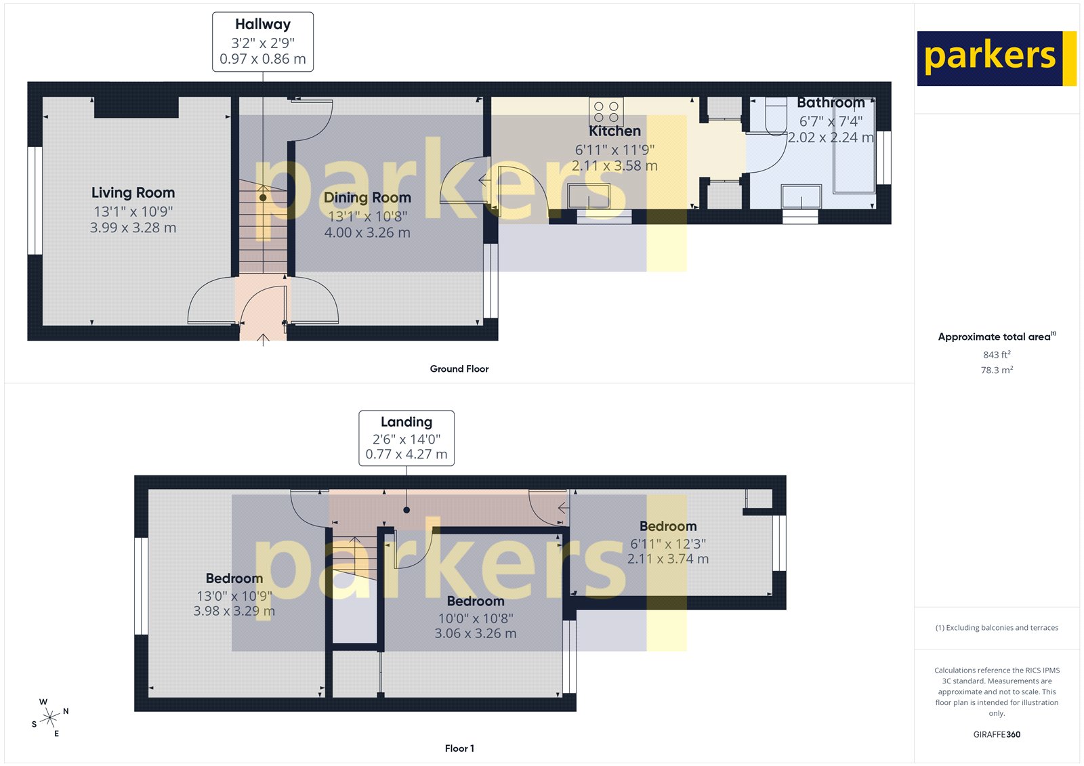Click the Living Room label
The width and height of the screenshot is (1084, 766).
coord(133,193)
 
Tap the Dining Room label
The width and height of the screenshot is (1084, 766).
coord(367,198)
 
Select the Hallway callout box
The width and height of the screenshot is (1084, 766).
coord(263,42)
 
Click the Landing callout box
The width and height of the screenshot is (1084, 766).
coord(406,438)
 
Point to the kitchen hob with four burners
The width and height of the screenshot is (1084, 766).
coord(606,112)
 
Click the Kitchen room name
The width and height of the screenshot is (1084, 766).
coord(614,131)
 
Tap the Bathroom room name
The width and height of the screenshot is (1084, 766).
coord(831,103)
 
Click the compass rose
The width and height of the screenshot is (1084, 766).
coord(50,718)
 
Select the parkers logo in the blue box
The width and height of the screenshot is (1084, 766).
coord(991,58)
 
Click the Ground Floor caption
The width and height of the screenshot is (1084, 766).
coord(459,369)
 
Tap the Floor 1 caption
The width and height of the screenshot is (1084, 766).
coord(459,748)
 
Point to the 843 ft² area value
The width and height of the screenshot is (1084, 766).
coord(997,355)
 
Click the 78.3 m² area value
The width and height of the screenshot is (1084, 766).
coord(997,370)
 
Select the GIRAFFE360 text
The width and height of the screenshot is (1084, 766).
coord(997,734)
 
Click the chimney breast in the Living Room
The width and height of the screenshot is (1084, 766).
coord(136,107)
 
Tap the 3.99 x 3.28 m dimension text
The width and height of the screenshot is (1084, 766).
coord(133,228)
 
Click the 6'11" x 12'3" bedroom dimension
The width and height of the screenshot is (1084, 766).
coord(668,544)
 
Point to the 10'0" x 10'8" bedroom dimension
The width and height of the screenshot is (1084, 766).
coord(476,618)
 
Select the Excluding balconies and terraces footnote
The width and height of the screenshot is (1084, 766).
coord(997,628)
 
